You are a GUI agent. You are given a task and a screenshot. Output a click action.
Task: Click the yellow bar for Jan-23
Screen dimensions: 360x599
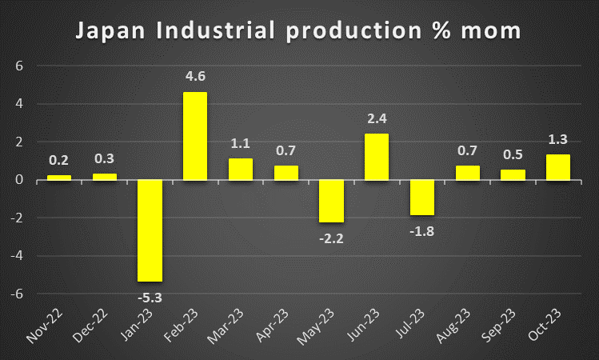150,230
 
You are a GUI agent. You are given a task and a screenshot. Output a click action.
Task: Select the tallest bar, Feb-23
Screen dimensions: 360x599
195,136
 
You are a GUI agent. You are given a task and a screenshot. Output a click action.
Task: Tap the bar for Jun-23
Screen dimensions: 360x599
377,157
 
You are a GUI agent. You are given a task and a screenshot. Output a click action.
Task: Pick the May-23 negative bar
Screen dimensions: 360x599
331,201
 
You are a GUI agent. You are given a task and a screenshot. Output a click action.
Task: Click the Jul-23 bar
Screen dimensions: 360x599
422,198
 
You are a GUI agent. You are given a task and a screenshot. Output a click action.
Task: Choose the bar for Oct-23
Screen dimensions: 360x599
559,167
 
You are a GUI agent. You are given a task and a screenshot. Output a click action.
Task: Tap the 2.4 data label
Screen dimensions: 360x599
377,119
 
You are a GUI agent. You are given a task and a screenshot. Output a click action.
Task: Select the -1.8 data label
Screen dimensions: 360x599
422,232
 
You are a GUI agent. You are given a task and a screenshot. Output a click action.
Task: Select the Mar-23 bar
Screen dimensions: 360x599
241,169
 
